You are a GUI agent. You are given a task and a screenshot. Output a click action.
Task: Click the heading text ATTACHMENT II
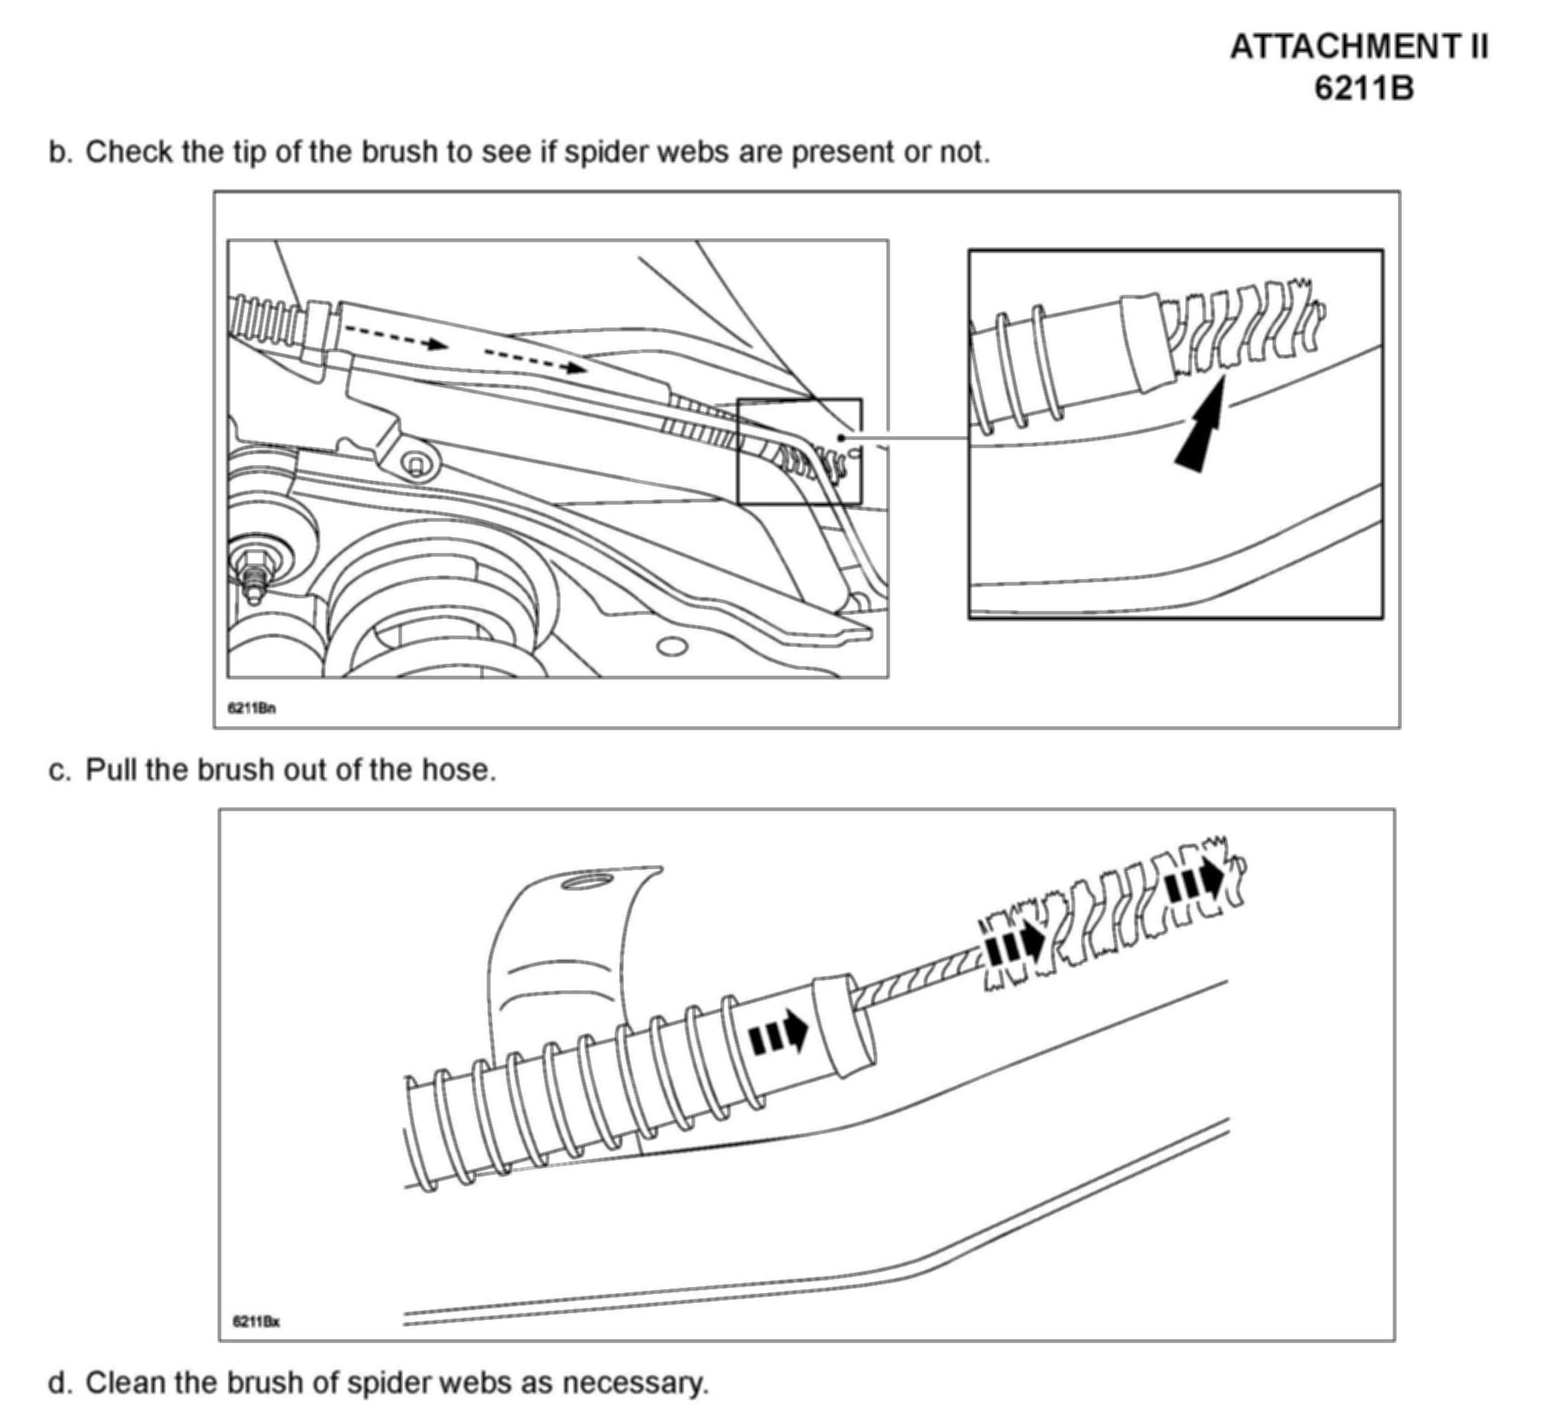point(1359,48)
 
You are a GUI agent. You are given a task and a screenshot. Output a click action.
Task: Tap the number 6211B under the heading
point(1363,89)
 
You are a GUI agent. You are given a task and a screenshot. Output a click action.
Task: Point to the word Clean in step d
point(124,1382)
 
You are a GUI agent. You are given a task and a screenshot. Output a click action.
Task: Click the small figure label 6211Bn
point(251,707)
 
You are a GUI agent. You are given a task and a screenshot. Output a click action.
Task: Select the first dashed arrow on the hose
point(393,338)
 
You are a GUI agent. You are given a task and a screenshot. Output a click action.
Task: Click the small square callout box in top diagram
point(800,451)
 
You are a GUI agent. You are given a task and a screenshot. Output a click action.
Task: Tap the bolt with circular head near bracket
point(415,464)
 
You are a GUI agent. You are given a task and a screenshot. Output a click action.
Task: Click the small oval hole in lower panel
point(672,646)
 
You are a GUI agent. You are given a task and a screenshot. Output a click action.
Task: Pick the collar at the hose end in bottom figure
point(842,1025)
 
